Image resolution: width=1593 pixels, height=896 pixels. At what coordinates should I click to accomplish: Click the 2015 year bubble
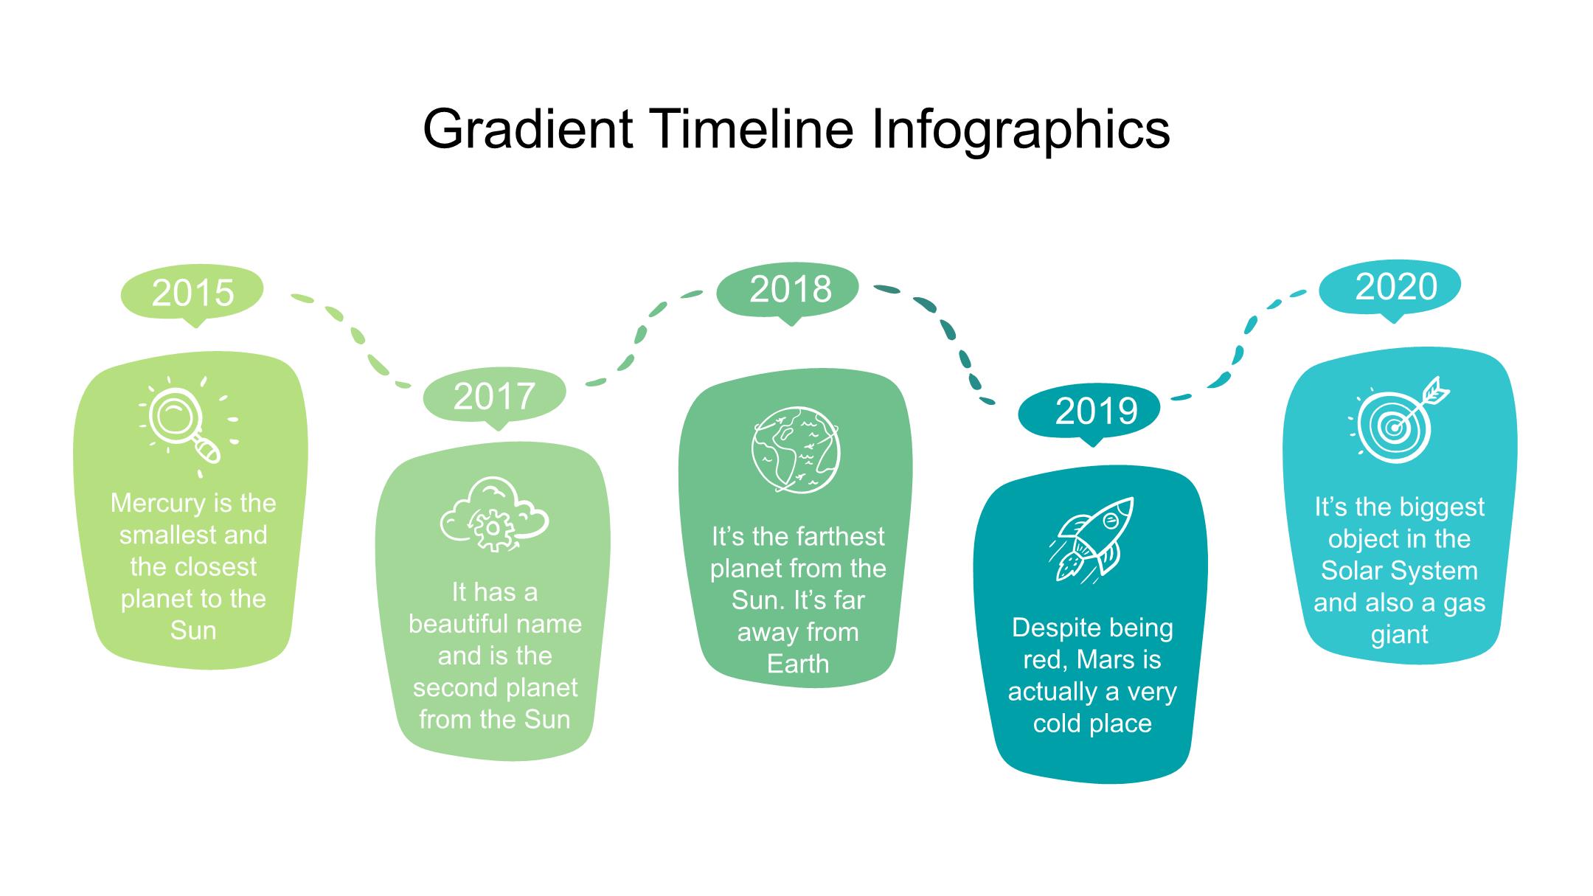click(192, 294)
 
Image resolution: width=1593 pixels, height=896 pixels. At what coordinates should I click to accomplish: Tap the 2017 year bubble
click(494, 397)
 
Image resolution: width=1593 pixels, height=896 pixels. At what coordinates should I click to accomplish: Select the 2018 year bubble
click(788, 290)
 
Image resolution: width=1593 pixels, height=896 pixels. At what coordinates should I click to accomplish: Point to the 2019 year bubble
click(1090, 412)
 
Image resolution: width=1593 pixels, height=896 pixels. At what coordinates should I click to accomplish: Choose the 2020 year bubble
click(1390, 288)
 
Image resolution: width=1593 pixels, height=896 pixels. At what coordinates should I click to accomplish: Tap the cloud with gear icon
click(494, 514)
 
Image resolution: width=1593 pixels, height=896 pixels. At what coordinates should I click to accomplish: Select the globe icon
click(795, 449)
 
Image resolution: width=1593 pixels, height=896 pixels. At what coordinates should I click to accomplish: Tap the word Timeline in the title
click(752, 129)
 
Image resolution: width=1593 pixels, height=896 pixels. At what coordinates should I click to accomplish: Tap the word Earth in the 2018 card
click(798, 664)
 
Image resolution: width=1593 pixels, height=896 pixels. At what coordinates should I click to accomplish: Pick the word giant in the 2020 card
click(1399, 635)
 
